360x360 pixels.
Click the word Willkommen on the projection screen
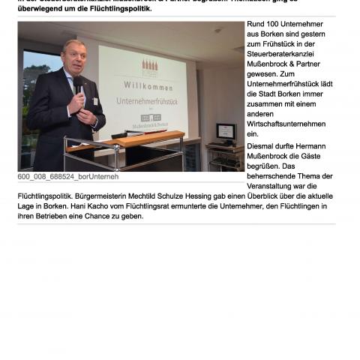pos(142,85)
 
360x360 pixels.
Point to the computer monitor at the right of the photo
pos(226,132)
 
